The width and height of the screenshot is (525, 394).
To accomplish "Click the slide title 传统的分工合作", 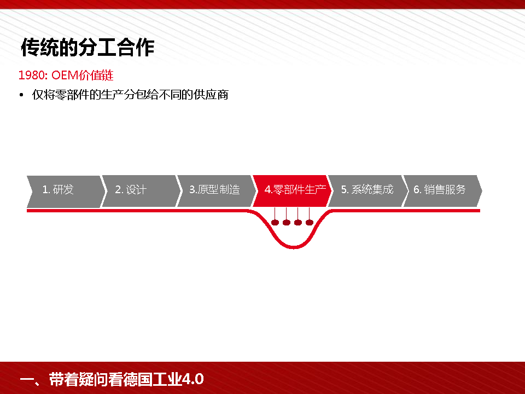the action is click(87, 48).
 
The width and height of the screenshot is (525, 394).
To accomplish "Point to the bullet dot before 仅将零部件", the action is click(21, 95).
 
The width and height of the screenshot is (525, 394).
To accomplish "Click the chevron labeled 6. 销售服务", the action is click(441, 190).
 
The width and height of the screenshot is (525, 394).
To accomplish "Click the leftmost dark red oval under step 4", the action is click(275, 222).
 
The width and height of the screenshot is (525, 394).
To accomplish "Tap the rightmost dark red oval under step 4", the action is click(310, 222).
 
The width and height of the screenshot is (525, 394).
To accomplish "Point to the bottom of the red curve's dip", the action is click(293, 247).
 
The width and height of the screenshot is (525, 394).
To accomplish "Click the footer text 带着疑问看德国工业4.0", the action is click(126, 380).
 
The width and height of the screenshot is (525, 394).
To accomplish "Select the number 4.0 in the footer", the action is click(192, 379).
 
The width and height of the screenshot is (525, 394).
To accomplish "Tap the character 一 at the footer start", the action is click(26, 380).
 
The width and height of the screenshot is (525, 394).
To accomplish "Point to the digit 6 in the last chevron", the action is click(417, 190).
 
